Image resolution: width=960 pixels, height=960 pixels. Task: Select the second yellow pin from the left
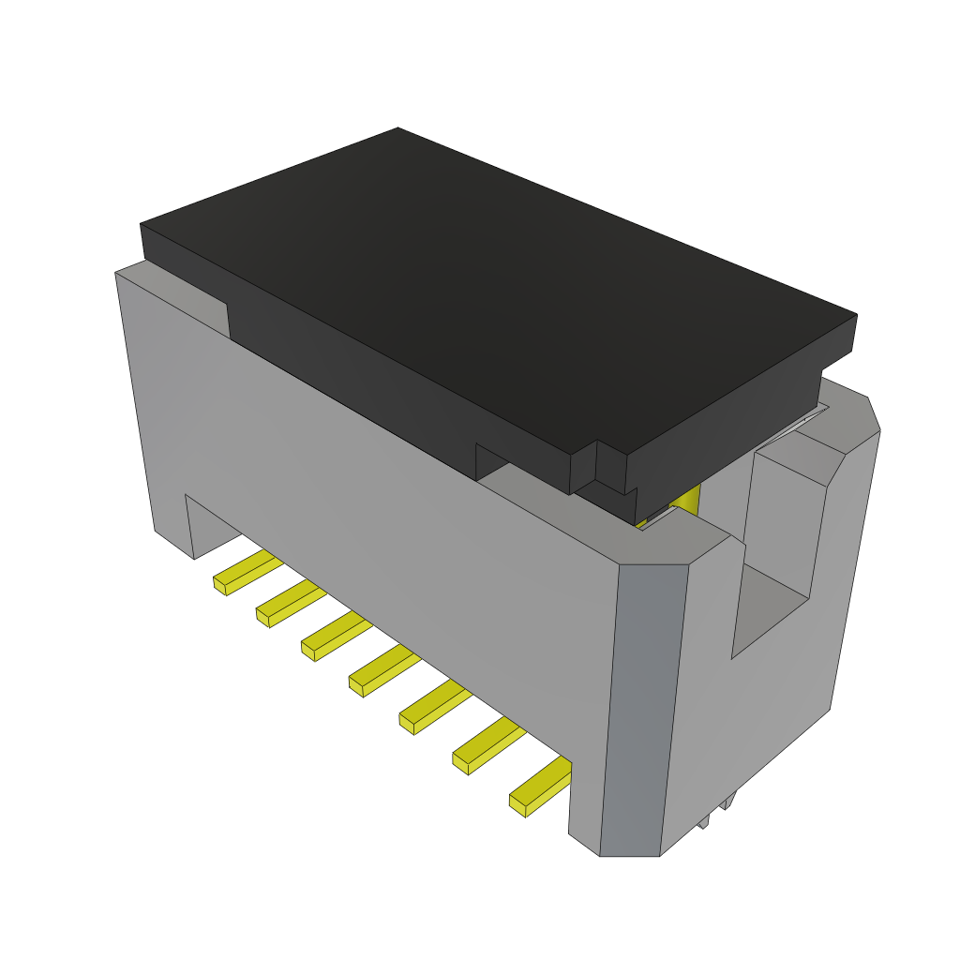tap(289, 601)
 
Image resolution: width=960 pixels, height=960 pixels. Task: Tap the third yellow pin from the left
tap(335, 635)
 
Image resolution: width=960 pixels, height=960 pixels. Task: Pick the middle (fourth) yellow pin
tap(383, 669)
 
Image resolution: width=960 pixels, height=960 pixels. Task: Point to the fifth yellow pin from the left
tap(434, 706)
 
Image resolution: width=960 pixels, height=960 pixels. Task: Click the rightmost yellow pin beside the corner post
tap(542, 786)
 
